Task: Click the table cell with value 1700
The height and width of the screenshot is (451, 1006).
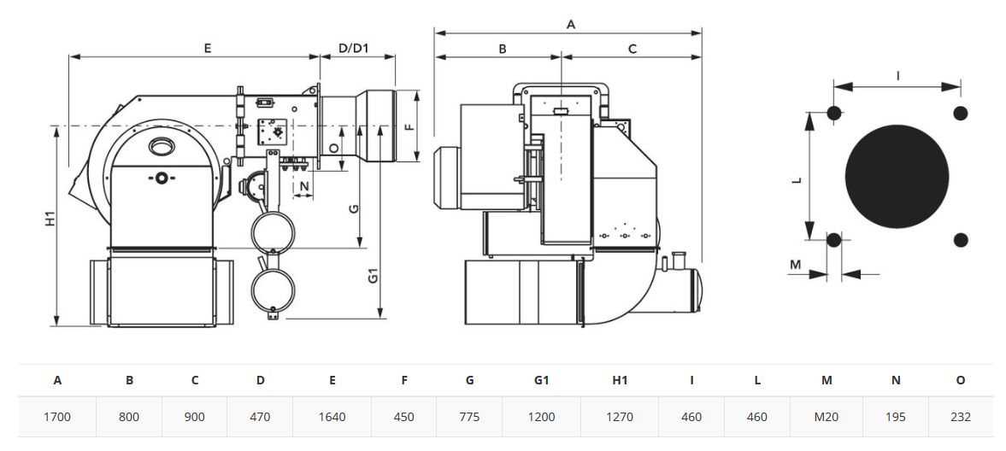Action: [x=57, y=417]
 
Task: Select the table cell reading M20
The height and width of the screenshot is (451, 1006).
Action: [x=827, y=417]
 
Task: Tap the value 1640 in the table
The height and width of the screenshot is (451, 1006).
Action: [x=332, y=417]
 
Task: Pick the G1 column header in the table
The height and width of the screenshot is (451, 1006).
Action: [x=542, y=380]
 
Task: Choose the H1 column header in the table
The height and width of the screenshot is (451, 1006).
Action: [x=619, y=380]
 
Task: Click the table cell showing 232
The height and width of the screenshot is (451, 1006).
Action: [x=960, y=417]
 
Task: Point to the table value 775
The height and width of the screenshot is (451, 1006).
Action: [x=469, y=417]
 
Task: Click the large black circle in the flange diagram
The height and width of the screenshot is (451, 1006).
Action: [x=897, y=177]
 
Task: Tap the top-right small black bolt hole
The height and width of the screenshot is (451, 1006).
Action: [x=961, y=113]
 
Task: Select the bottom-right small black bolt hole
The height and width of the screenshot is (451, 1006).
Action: [x=961, y=240]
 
